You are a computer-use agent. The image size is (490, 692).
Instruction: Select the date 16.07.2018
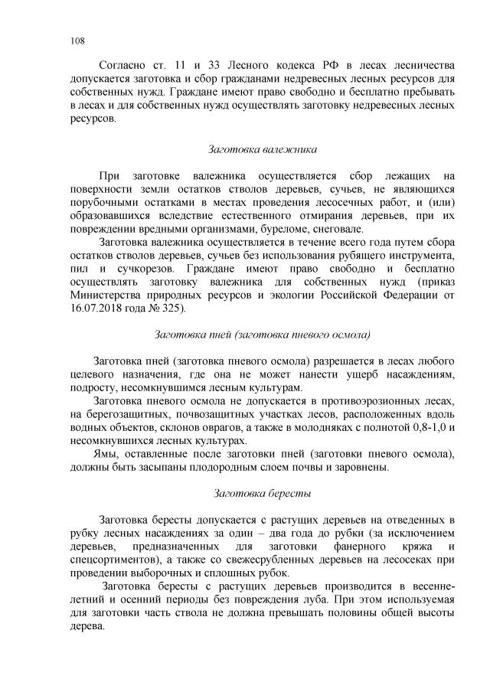tap(95, 308)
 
